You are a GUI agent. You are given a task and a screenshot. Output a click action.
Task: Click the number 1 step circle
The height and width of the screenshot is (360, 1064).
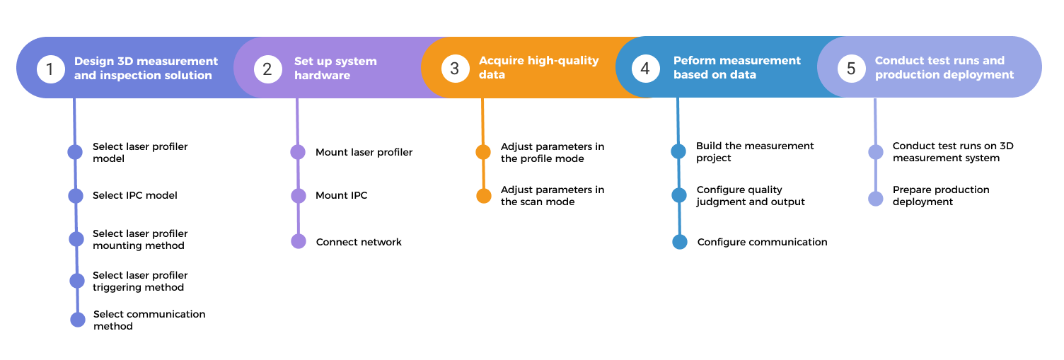coord(50,69)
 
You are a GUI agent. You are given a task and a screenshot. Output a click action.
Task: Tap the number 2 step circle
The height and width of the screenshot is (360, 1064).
coord(267,69)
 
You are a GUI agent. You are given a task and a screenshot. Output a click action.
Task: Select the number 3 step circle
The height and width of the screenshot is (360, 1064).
coord(454,68)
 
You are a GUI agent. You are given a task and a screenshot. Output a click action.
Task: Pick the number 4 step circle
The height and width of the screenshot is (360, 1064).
coord(644,69)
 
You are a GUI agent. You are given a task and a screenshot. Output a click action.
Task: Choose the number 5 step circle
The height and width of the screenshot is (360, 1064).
coord(851,68)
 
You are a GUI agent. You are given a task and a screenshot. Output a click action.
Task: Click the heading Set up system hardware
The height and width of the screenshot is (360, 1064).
coord(335,68)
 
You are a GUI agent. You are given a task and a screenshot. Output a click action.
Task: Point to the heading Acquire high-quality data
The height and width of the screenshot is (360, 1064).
coord(538,67)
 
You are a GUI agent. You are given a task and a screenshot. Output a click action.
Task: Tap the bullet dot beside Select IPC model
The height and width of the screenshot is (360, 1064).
coord(76,195)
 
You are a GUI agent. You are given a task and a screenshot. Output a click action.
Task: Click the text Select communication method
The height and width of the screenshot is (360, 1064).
coord(149,320)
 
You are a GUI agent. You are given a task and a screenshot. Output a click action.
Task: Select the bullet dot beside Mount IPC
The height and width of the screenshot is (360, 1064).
coord(299,196)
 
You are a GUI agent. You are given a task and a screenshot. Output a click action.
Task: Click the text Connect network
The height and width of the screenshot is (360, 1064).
coord(359,242)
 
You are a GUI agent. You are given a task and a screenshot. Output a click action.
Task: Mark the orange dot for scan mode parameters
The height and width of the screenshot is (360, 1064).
coord(484,196)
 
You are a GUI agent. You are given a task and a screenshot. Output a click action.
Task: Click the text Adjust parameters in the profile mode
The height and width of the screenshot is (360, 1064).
coord(552,153)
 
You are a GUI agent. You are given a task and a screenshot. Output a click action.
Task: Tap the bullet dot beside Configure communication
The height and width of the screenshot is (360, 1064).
coord(680,242)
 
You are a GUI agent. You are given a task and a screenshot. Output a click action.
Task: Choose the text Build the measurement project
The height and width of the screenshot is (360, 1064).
coord(754,152)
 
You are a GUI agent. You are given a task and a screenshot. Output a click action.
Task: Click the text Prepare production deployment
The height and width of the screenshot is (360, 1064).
coord(940,196)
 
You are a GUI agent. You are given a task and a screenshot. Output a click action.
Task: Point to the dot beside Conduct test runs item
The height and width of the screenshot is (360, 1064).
coord(876,152)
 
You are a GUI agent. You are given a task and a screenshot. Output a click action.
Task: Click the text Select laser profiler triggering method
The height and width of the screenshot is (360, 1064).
coord(139,281)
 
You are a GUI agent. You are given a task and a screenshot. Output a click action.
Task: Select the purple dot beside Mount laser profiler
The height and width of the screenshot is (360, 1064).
coord(298,152)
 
